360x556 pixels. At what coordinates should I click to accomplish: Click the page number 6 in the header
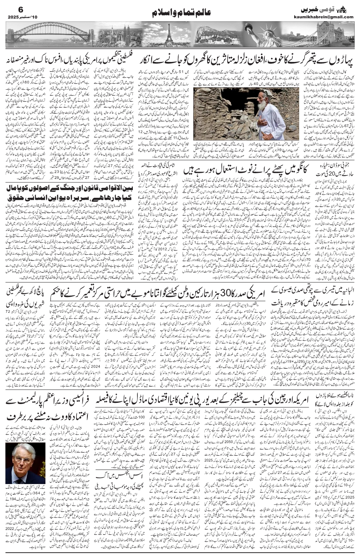10,8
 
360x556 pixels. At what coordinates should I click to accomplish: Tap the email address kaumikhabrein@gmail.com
329,17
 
